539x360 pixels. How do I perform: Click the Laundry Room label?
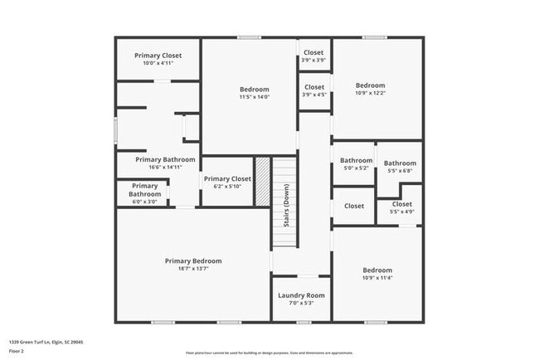[301, 295]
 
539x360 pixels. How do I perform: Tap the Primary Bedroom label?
[193, 261]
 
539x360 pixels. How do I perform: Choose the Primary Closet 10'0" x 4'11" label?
[158, 56]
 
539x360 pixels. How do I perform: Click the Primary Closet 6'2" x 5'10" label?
[227, 178]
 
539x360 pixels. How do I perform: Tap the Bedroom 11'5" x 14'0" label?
[255, 90]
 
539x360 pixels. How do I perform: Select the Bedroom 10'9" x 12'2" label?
[371, 85]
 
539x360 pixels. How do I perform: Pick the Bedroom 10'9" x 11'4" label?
[377, 270]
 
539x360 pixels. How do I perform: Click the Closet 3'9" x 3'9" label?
[313, 53]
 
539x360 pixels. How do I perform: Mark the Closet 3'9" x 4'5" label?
[313, 87]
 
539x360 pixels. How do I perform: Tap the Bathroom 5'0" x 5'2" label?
[357, 161]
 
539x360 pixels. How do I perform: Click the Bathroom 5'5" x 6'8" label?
[400, 164]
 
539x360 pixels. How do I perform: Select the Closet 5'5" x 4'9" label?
[402, 204]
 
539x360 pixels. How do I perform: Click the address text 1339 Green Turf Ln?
[46, 342]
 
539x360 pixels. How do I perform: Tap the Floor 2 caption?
[17, 352]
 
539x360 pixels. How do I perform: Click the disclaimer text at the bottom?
[269, 353]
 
